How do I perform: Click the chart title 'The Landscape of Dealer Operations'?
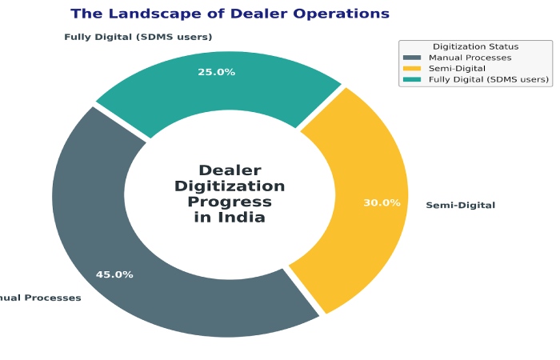pyautogui.click(x=230, y=14)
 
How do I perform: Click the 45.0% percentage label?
pyautogui.click(x=114, y=274)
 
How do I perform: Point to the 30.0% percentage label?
pyautogui.click(x=382, y=203)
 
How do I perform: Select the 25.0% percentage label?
pyautogui.click(x=217, y=72)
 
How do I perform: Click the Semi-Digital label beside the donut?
pyautogui.click(x=460, y=206)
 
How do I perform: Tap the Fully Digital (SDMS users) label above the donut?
pyautogui.click(x=138, y=37)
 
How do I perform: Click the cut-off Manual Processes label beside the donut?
pyautogui.click(x=40, y=298)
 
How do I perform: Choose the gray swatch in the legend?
pyautogui.click(x=412, y=58)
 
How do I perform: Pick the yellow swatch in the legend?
pyautogui.click(x=412, y=69)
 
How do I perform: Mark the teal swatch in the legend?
pyautogui.click(x=412, y=79)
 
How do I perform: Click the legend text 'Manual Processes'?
pyautogui.click(x=470, y=58)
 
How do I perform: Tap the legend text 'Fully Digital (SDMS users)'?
pyautogui.click(x=488, y=79)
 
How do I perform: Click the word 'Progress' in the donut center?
pyautogui.click(x=230, y=202)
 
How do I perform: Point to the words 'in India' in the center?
pyautogui.click(x=230, y=218)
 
